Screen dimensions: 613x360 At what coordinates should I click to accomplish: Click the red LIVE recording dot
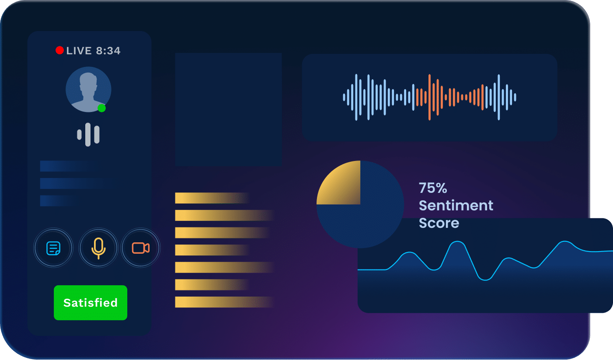click(x=59, y=50)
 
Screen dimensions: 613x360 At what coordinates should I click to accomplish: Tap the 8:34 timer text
click(x=108, y=51)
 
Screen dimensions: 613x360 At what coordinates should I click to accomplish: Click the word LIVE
click(x=79, y=51)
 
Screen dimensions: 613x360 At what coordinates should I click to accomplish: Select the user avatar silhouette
click(x=88, y=90)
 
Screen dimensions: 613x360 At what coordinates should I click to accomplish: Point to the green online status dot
click(x=101, y=108)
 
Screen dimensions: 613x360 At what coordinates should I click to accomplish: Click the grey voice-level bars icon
click(x=88, y=134)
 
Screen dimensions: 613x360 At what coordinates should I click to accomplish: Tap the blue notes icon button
click(x=53, y=248)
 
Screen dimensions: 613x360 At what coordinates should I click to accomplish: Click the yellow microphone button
click(x=98, y=248)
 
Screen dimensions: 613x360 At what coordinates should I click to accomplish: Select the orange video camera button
click(x=141, y=248)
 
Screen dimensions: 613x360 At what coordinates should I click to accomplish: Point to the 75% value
click(x=433, y=188)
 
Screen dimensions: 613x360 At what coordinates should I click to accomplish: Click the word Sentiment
click(x=456, y=205)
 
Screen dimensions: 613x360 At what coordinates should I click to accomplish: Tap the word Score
click(x=439, y=223)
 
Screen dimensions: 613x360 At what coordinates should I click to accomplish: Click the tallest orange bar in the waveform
click(x=429, y=97)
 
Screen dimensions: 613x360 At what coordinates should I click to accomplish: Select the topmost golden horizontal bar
click(x=212, y=198)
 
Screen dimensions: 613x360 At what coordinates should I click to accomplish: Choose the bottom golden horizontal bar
click(x=224, y=302)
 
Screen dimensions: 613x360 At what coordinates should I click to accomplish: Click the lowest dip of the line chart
click(x=485, y=280)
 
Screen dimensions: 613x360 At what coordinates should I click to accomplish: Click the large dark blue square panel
click(x=228, y=109)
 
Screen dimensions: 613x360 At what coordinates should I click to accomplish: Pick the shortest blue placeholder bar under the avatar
click(x=59, y=201)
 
